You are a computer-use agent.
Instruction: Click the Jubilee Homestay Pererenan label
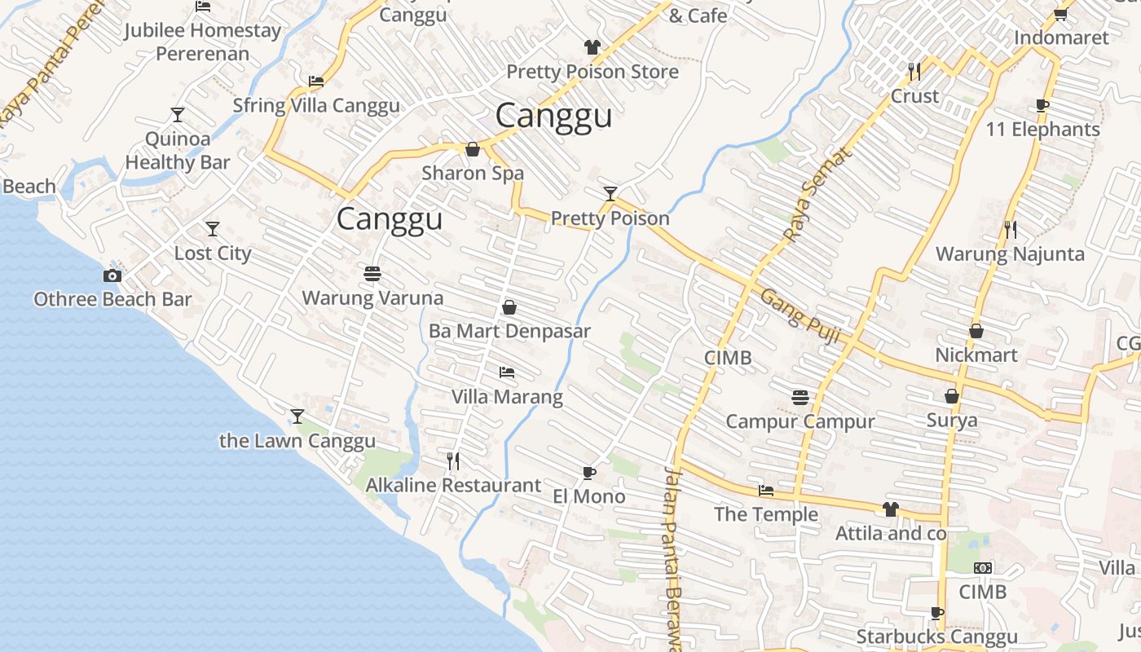pyautogui.click(x=202, y=42)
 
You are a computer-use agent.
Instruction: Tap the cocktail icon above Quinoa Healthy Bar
pyautogui.click(x=178, y=114)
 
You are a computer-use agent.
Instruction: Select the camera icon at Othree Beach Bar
pyautogui.click(x=112, y=276)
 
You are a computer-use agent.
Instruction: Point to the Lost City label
pyautogui.click(x=213, y=253)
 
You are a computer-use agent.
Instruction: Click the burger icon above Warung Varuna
pyautogui.click(x=372, y=274)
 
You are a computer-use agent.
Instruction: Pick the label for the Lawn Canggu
pyautogui.click(x=297, y=441)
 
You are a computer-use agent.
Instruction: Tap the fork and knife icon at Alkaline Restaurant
pyautogui.click(x=453, y=461)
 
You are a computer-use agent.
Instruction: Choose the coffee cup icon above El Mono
pyautogui.click(x=589, y=473)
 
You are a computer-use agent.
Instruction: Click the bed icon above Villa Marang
pyautogui.click(x=507, y=372)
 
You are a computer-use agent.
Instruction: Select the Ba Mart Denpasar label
pyautogui.click(x=509, y=331)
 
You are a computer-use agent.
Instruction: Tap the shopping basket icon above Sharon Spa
pyautogui.click(x=473, y=149)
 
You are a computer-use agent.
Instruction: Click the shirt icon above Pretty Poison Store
pyautogui.click(x=593, y=47)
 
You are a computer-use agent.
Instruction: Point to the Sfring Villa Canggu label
pyautogui.click(x=316, y=106)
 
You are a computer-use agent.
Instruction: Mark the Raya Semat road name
pyautogui.click(x=817, y=195)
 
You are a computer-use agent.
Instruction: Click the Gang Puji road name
pyautogui.click(x=800, y=315)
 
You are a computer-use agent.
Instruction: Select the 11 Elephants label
pyautogui.click(x=1042, y=130)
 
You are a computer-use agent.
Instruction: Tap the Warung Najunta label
pyautogui.click(x=1010, y=253)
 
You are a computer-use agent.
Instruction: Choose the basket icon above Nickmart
pyautogui.click(x=976, y=331)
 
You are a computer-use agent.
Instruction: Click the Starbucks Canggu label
pyautogui.click(x=936, y=637)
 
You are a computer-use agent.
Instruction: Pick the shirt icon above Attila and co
pyautogui.click(x=890, y=509)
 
